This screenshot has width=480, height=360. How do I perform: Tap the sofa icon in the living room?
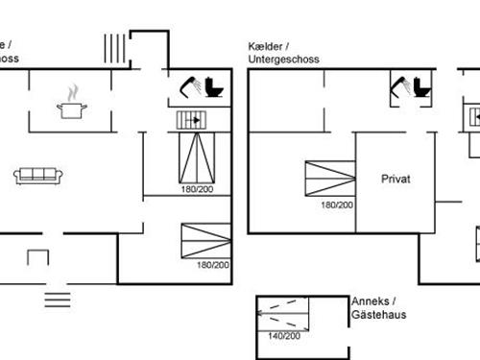pyautogui.click(x=38, y=175)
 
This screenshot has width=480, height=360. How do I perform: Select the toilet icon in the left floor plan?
pyautogui.click(x=213, y=88)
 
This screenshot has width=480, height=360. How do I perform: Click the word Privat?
pyautogui.click(x=396, y=179)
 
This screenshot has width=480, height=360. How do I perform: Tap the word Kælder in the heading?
pyautogui.click(x=266, y=46)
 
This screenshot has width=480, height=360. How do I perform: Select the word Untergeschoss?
pyautogui.click(x=283, y=60)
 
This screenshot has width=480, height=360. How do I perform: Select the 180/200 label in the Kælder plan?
pyautogui.click(x=336, y=204)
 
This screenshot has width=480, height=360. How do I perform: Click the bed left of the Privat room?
pyautogui.click(x=330, y=179)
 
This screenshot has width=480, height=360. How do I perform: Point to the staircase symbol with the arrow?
pyautogui.click(x=191, y=120)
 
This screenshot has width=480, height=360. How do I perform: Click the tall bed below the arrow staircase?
pyautogui.click(x=197, y=157)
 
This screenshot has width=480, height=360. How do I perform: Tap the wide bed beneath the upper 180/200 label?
pyautogui.click(x=205, y=240)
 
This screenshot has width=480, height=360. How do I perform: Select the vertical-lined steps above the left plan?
pyautogui.click(x=114, y=47)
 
